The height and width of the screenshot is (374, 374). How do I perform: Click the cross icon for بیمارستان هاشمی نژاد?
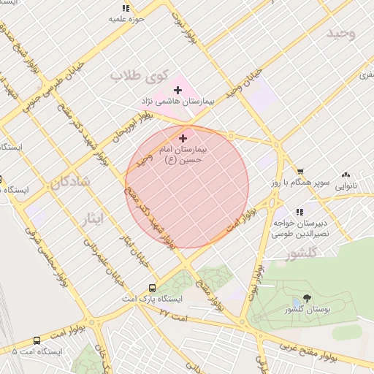point(178,90)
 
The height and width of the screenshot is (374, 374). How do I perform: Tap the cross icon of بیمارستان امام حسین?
point(183,137)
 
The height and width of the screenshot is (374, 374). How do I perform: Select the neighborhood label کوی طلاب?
point(140,76)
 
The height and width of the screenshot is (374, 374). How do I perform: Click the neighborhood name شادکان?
point(70,182)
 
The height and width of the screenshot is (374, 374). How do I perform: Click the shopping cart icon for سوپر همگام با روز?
point(300,171)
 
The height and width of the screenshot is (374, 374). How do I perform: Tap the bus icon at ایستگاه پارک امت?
point(152,288)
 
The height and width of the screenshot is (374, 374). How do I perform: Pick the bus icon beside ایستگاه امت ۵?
point(37,340)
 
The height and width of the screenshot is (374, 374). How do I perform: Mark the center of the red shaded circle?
point(188,187)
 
